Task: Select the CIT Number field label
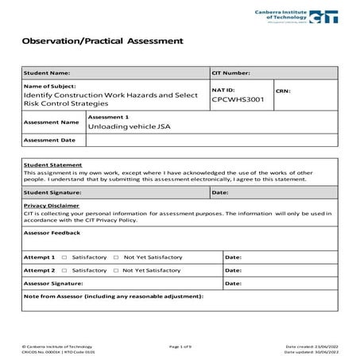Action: point(231,73)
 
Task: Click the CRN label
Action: point(284,91)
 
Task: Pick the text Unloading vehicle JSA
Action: point(129,126)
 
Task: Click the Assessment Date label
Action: point(50,140)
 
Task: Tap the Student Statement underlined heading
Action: point(52,165)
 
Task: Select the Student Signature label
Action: point(53,192)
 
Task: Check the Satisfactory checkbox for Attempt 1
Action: point(64,258)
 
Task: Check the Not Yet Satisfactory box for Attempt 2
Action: point(115,270)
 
